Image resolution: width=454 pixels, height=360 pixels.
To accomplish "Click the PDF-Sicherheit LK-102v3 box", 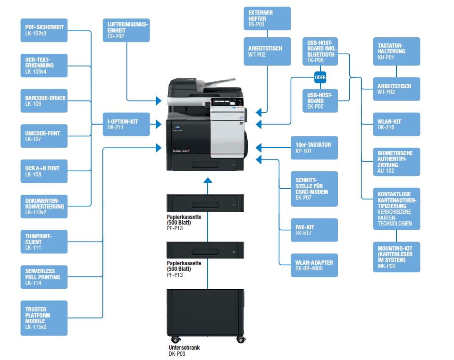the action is tap(44, 30).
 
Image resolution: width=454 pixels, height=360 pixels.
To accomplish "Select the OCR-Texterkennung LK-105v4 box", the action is tap(44, 66).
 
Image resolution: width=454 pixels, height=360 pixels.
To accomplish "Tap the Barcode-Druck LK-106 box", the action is tap(44, 100).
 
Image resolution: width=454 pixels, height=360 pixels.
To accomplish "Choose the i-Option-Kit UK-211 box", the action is tap(126, 124).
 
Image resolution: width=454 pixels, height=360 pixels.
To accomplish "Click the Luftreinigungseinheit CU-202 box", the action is tap(126, 30).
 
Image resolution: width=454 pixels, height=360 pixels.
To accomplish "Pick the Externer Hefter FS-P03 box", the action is tap(267, 18).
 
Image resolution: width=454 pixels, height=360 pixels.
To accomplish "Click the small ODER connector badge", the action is tap(320, 77).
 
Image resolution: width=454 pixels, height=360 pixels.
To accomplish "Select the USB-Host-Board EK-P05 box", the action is tap(320, 100).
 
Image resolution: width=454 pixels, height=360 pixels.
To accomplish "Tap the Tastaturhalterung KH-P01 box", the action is tap(396, 51).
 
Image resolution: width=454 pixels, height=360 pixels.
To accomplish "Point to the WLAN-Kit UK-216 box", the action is tap(396, 124).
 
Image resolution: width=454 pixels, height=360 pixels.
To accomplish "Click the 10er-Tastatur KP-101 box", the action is tap(314, 148).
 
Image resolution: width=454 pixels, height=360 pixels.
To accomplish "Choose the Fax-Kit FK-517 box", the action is tap(314, 230).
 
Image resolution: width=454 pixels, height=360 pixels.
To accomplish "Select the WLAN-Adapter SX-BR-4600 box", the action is tap(314, 265).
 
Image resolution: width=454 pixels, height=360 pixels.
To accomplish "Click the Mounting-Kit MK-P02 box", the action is tap(396, 257).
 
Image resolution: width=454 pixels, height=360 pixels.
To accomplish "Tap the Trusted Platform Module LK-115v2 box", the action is tap(44, 318).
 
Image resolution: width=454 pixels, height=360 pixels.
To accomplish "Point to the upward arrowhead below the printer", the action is tap(208, 180).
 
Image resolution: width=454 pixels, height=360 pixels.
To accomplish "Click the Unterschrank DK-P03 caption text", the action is tap(184, 351).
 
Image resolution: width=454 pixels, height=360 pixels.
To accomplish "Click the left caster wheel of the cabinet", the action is tap(175, 339).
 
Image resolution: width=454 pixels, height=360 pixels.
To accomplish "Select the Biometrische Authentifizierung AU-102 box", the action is tap(396, 162).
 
